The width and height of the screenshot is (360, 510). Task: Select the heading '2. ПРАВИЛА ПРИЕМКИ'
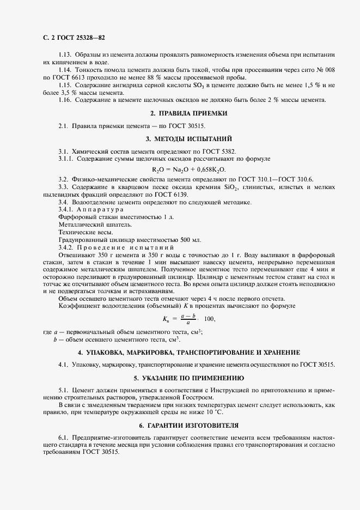[x=188, y=113]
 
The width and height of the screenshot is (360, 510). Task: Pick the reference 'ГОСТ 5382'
[x=223, y=151]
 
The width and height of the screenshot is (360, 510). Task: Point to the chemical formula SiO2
[x=231, y=187]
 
